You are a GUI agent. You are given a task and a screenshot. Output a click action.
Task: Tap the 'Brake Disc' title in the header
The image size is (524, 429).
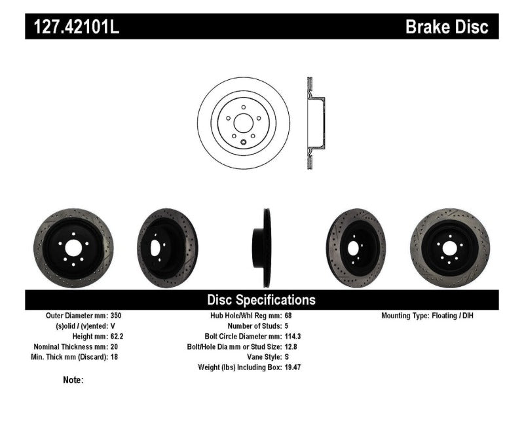[447, 27]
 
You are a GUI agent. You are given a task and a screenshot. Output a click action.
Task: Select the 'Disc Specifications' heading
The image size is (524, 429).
[261, 300]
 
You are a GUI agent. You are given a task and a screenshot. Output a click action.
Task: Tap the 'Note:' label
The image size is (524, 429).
[73, 380]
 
